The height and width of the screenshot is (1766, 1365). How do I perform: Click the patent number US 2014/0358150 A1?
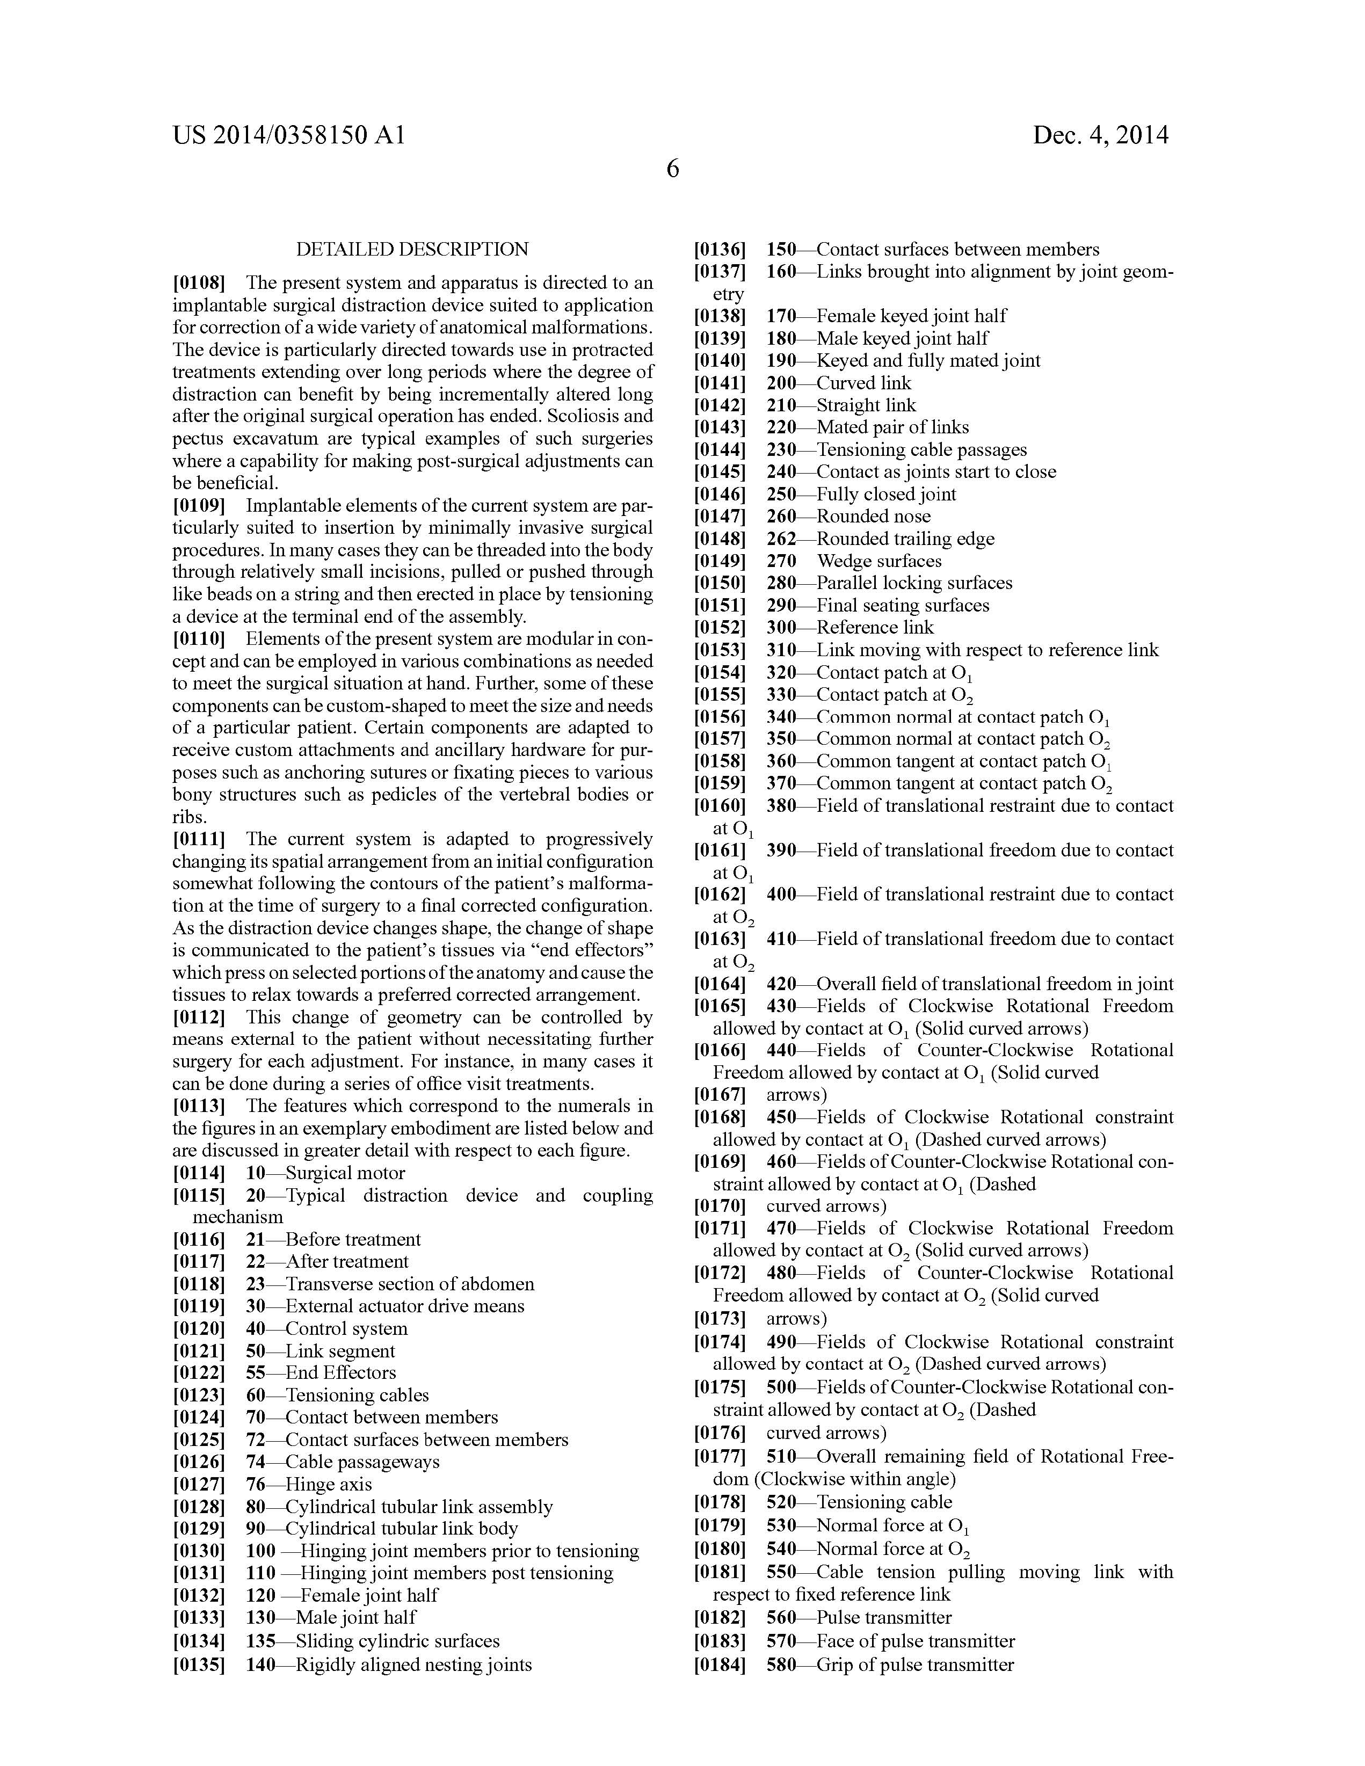point(289,135)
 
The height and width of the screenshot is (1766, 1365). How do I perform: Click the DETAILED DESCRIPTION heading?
point(412,249)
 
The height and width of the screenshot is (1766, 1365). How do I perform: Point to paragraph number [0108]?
point(199,283)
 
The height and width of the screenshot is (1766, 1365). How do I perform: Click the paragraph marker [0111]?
point(199,839)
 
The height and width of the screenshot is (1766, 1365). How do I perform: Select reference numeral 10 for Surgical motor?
point(256,1173)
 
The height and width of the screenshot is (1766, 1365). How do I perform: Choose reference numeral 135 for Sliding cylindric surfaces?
point(260,1641)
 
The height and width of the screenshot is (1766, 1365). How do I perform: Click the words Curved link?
point(863,383)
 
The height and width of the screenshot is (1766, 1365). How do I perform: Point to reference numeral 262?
point(781,539)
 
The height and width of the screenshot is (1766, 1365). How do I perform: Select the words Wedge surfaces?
point(879,561)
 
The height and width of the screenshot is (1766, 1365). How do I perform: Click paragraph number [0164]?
point(720,984)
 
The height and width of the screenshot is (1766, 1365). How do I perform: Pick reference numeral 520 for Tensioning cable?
point(781,1502)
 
